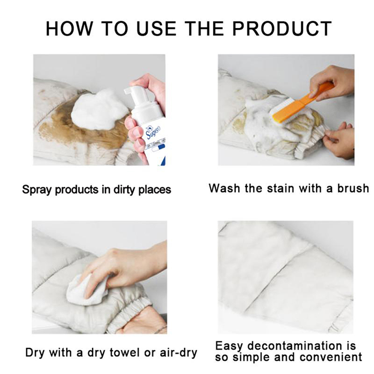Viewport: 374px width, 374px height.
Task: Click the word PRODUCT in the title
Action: click(282, 29)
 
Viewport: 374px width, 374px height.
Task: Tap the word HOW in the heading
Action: click(69, 29)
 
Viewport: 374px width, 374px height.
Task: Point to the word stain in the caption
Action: click(281, 188)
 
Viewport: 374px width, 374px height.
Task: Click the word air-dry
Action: click(179, 352)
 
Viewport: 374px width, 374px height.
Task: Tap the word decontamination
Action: click(295, 345)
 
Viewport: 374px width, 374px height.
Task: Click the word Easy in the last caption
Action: click(229, 346)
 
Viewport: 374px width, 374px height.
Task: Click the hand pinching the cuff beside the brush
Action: click(338, 141)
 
